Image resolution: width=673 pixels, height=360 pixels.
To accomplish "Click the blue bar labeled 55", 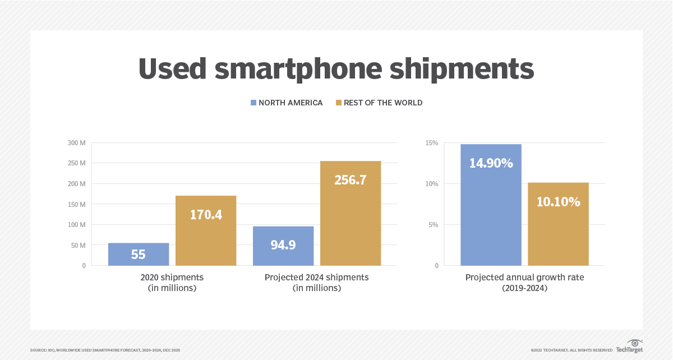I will click(x=139, y=254).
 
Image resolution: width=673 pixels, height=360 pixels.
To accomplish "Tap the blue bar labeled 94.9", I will click(x=283, y=246).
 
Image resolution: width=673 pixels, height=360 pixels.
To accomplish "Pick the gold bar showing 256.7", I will click(x=351, y=213).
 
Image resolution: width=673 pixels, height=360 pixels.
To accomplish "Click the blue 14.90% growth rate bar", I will click(x=491, y=205).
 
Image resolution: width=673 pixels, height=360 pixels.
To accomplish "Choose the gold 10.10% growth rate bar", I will click(x=558, y=224).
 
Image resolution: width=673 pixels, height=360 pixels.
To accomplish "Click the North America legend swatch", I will click(x=253, y=103).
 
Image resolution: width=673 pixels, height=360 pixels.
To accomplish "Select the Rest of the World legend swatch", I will click(x=339, y=103).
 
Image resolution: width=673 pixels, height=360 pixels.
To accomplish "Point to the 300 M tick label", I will click(x=76, y=143).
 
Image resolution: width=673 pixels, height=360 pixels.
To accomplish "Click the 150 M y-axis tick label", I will click(x=76, y=204).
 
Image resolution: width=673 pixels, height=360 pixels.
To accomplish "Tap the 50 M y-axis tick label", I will click(x=77, y=245).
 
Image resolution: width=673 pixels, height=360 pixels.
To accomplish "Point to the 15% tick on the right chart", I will click(x=431, y=143).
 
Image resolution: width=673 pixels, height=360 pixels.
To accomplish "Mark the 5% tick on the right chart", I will click(x=432, y=225).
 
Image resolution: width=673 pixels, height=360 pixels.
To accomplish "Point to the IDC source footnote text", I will click(x=105, y=350).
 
